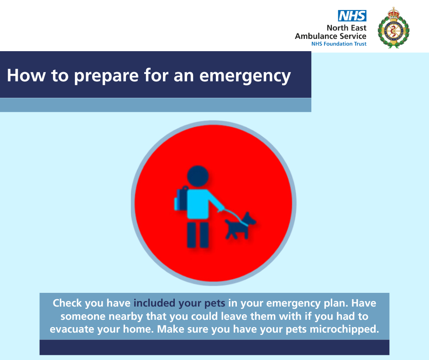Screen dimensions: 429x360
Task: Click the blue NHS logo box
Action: [352, 16]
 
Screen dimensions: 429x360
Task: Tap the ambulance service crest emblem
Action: [393, 28]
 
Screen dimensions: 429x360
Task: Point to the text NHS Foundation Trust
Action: [339, 44]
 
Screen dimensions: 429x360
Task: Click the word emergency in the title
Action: [245, 76]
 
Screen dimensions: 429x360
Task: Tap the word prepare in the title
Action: [106, 76]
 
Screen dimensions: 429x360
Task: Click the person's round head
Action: [198, 176]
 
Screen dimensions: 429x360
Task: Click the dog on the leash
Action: [240, 226]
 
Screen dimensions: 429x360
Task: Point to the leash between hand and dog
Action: [236, 217]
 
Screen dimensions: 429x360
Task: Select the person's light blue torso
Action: [203, 204]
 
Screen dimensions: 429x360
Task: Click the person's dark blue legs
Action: [198, 235]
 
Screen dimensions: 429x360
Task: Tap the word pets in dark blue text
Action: [215, 303]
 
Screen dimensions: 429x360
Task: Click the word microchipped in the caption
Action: [344, 329]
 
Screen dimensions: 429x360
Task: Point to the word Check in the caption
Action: [67, 303]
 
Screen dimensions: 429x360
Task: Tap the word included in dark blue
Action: [154, 303]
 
